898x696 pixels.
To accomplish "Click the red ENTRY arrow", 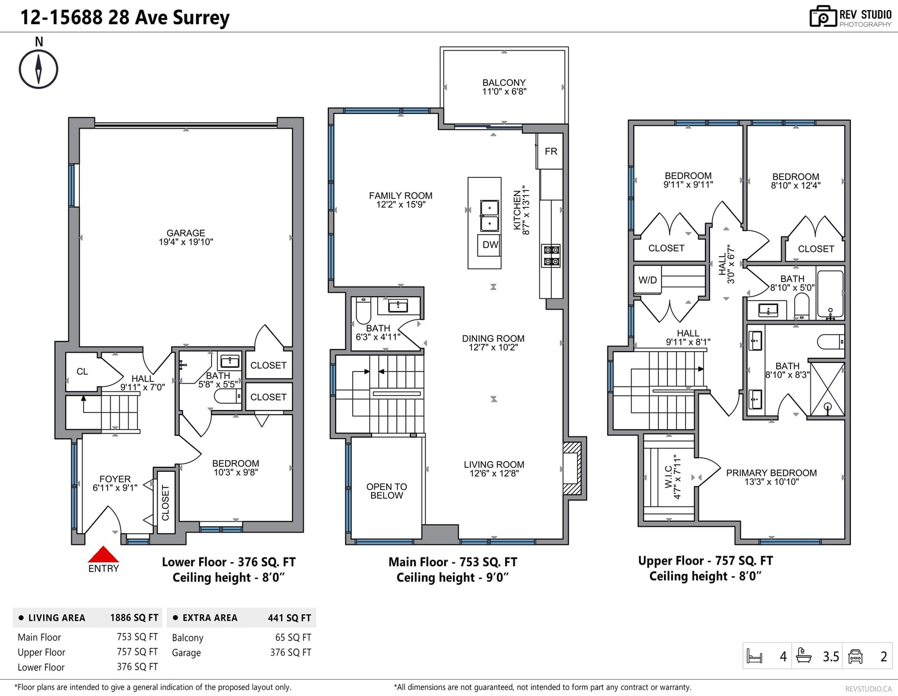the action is pyautogui.click(x=103, y=554).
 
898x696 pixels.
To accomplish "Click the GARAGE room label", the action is pyautogui.click(x=186, y=233).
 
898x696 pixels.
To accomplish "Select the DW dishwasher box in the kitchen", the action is pyautogui.click(x=490, y=245).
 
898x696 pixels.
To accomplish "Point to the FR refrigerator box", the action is pyautogui.click(x=550, y=151).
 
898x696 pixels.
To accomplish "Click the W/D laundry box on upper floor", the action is pyautogui.click(x=647, y=280).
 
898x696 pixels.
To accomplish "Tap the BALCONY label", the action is pyautogui.click(x=504, y=83).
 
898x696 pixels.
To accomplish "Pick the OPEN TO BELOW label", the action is pyautogui.click(x=386, y=491).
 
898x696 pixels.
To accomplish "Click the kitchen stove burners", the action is pyautogui.click(x=551, y=256).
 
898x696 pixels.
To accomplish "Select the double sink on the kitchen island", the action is pyautogui.click(x=489, y=216).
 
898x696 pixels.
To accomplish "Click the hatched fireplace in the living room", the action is pyautogui.click(x=572, y=468).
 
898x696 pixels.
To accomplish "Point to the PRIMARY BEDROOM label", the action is pyautogui.click(x=771, y=472).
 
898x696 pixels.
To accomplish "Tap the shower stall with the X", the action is pyautogui.click(x=827, y=389).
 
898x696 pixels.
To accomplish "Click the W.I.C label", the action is pyautogui.click(x=668, y=476).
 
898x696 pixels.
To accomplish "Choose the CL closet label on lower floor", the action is pyautogui.click(x=83, y=371).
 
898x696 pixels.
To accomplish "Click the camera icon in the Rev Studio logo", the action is pyautogui.click(x=823, y=16).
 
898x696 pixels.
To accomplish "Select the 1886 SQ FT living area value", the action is pyautogui.click(x=134, y=618).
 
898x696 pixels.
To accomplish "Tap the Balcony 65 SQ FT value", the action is pyautogui.click(x=293, y=638).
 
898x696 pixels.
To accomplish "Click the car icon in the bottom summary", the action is pyautogui.click(x=855, y=656).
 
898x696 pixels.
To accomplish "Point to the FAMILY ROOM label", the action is pyautogui.click(x=400, y=195).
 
